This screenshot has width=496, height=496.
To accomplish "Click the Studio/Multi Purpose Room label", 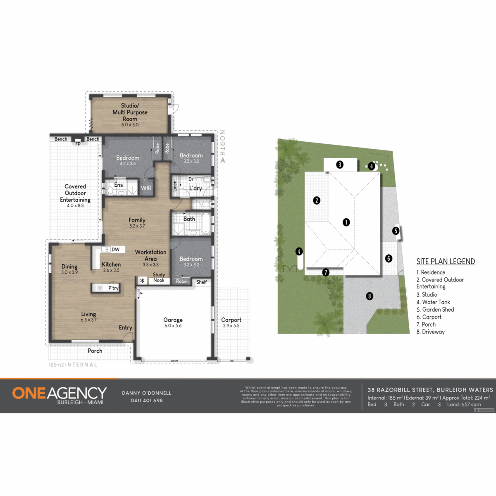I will (130, 112).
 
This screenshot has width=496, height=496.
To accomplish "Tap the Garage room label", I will (173, 320).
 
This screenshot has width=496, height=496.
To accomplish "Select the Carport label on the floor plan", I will (231, 320).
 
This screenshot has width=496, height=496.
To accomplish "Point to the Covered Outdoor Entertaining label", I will (75, 193).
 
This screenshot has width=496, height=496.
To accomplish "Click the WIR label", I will (146, 188).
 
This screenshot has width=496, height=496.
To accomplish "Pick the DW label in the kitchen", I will (116, 250).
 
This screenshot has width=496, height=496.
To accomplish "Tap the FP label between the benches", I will (78, 144).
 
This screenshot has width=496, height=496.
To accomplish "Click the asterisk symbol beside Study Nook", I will (142, 281).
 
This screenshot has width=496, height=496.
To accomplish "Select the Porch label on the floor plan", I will (95, 351).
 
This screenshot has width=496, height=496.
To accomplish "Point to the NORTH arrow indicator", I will (223, 160).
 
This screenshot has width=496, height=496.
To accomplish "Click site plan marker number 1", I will (346, 222).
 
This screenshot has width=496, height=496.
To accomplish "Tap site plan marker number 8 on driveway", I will (370, 296).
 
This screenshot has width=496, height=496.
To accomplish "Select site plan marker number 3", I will (340, 165).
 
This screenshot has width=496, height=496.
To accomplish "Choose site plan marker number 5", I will (396, 231).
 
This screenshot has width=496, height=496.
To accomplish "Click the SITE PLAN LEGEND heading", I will (446, 261).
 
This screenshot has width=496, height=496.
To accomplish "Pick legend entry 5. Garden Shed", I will (435, 310).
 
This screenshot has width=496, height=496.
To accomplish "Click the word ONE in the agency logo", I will (29, 393).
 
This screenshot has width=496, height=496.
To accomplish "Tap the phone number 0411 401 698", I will (147, 401).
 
